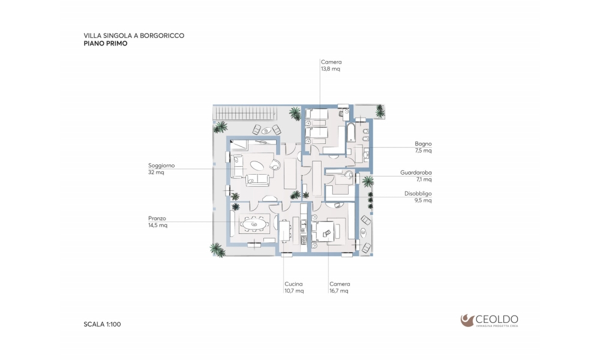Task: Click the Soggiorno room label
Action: pos(161,166)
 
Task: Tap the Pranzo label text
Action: pos(157,218)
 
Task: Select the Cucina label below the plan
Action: pos(293,284)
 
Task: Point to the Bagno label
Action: pos(423,144)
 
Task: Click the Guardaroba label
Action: pos(416,173)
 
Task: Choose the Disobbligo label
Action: pos(418,194)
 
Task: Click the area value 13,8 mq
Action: pos(330,69)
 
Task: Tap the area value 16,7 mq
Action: pos(339,291)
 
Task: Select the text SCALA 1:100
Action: pos(102,325)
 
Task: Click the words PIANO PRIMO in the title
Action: pos(106,44)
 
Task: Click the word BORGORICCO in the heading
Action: pos(162,35)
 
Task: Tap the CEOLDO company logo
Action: pos(490,320)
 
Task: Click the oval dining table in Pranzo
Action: pos(254,224)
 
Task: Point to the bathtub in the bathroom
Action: pos(351,133)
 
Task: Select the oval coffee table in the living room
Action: pos(257,166)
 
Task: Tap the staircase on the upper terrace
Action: pos(244,113)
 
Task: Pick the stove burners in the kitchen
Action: pos(304,240)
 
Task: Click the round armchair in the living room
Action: pos(275,164)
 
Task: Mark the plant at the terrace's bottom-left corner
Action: pos(217,250)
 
